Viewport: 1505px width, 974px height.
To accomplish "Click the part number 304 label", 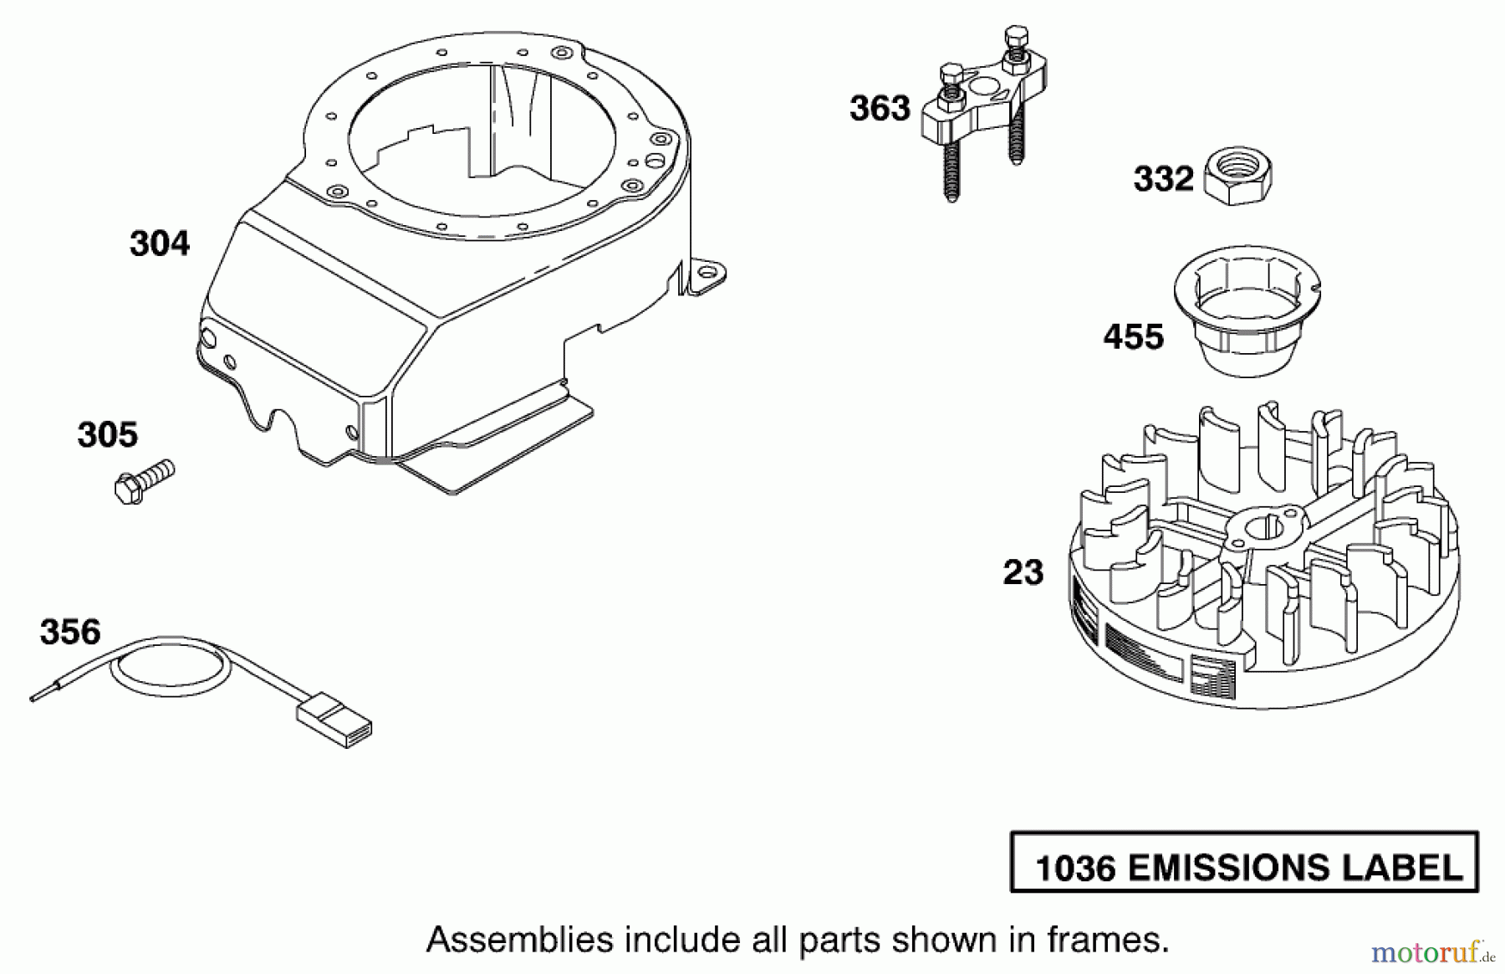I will (160, 243).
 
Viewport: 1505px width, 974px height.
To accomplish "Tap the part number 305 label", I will (108, 435).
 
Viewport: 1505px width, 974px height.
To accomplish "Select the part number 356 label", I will (70, 632).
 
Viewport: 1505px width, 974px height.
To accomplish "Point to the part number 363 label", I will (880, 109).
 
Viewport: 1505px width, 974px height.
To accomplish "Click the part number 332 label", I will (1163, 179).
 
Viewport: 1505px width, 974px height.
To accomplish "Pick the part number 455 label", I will (1133, 337).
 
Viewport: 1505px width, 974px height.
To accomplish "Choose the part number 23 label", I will (1023, 573).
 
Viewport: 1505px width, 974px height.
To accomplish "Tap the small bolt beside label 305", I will (143, 481).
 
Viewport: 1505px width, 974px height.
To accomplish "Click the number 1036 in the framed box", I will (1075, 869).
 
